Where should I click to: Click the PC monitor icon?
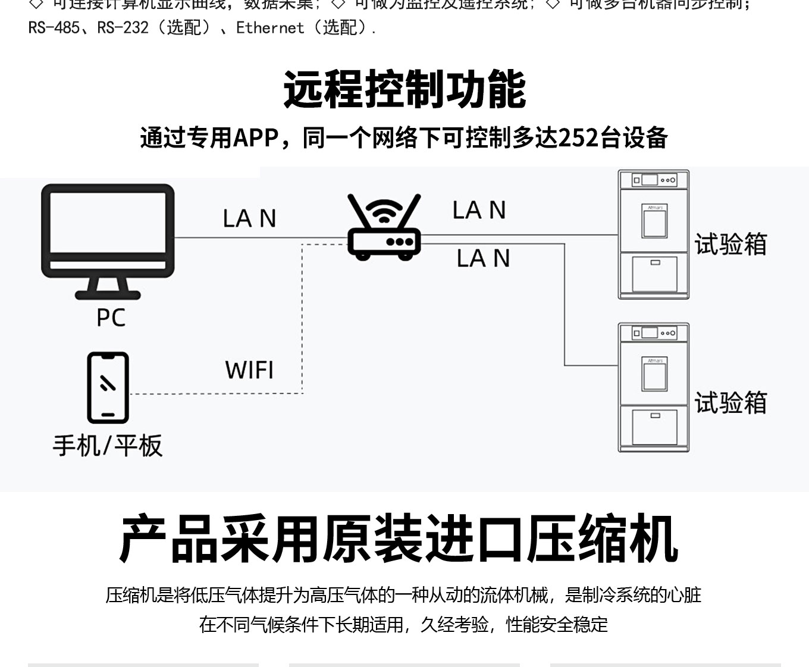(108, 238)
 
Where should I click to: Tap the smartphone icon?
(108, 387)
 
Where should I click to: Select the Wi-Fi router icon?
(384, 229)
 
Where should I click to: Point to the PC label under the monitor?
(111, 318)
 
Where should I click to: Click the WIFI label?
(249, 370)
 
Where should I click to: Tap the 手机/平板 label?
(108, 446)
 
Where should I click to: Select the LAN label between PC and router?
(249, 218)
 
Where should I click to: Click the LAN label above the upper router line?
(479, 210)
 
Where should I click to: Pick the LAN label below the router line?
(483, 258)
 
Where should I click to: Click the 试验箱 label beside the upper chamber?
(730, 245)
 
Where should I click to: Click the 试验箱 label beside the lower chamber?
(730, 403)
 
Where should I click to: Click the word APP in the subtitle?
(256, 138)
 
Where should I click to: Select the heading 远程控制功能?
(404, 89)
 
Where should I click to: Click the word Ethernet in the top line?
(270, 28)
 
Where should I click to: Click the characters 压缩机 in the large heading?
(602, 539)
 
